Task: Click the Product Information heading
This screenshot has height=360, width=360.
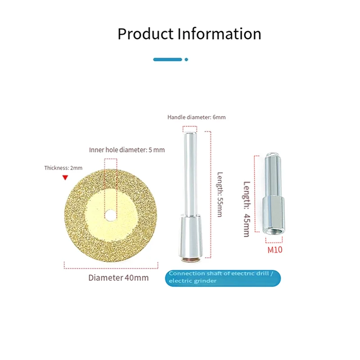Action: point(189,34)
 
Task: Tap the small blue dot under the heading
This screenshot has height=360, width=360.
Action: point(186,59)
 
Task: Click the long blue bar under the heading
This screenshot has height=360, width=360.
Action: point(167,59)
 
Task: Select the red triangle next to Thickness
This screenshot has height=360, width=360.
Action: point(65,178)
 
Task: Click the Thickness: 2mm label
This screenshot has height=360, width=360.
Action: point(63,168)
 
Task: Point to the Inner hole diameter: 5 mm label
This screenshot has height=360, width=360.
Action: point(127,150)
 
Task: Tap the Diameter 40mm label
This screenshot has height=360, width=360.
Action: point(118,278)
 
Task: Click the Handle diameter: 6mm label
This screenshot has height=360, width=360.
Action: point(196,117)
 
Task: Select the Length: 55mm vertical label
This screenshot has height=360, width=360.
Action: point(219,194)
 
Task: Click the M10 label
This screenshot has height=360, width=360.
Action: point(274,250)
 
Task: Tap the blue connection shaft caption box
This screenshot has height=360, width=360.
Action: point(224,277)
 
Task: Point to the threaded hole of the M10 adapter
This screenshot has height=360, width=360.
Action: point(274,233)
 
